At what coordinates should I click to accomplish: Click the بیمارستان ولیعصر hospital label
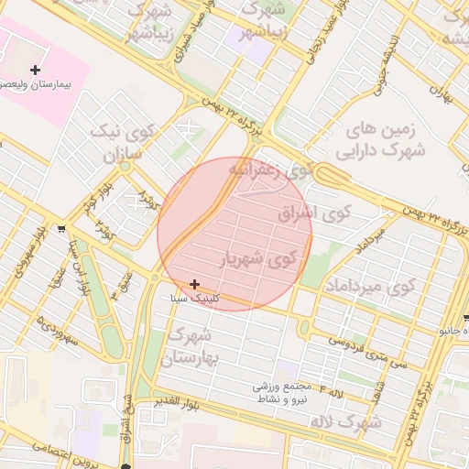coord(38,83)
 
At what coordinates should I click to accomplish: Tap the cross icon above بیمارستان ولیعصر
coord(36,70)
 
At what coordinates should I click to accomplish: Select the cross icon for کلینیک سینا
coord(194,285)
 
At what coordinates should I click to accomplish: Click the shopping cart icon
coord(60,229)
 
